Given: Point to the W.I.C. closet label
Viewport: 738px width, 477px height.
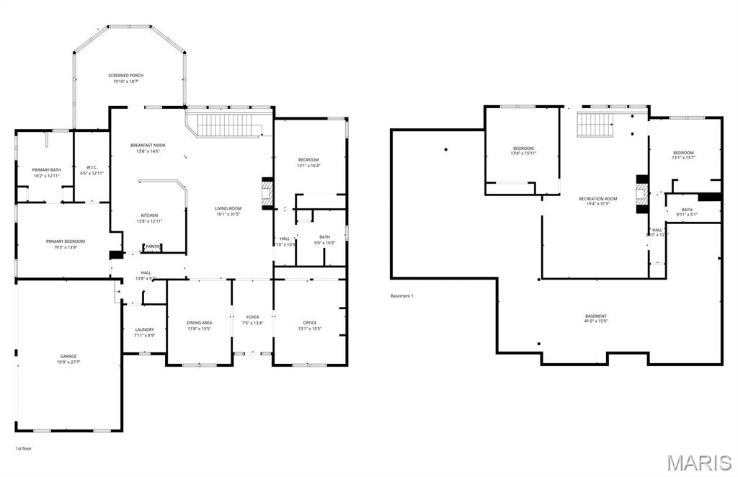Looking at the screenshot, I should [x=92, y=170].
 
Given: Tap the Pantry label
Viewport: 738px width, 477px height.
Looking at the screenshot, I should [x=153, y=247].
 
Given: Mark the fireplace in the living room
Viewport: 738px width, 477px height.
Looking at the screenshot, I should [x=267, y=193].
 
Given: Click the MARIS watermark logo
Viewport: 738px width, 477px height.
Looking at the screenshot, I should [x=699, y=462].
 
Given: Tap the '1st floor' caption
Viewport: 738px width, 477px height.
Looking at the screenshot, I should [x=24, y=449].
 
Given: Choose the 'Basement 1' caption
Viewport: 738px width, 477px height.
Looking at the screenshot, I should [x=401, y=296].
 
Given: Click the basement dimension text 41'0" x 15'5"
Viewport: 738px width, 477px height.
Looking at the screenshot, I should [x=596, y=321].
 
